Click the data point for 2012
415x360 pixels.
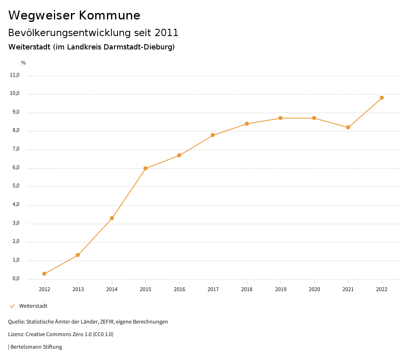coord(44,274)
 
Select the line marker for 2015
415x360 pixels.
coord(145,168)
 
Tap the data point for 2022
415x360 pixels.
coord(382,98)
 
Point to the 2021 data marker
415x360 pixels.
coord(348,127)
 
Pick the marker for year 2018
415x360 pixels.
coord(247,124)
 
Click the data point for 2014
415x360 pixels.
coord(112,218)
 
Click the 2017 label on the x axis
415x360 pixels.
coord(213,289)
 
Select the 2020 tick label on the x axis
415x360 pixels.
coord(314,289)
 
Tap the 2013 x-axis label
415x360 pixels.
coord(78,289)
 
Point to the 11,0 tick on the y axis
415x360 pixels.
coord(15,75)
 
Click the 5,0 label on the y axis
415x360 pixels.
coord(16,186)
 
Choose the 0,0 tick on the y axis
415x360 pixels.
coord(16,279)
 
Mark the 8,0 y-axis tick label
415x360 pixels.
coord(16,131)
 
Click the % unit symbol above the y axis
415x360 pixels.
coord(24,63)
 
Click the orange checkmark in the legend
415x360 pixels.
coord(12,306)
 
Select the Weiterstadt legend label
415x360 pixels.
coord(33,306)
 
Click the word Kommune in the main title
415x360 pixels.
coord(109,15)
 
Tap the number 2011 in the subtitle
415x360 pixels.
coord(166,32)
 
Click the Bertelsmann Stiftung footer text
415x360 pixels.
coord(36,347)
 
